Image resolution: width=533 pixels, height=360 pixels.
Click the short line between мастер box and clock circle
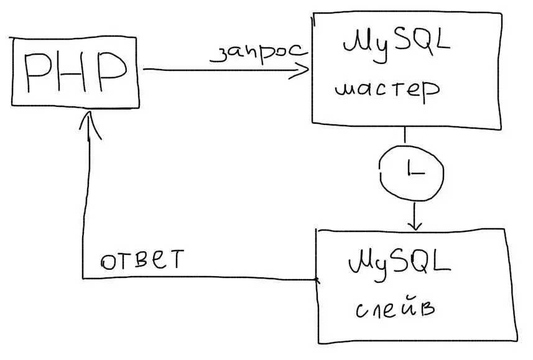point(406,137)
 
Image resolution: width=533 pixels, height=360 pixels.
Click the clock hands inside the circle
point(412,169)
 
